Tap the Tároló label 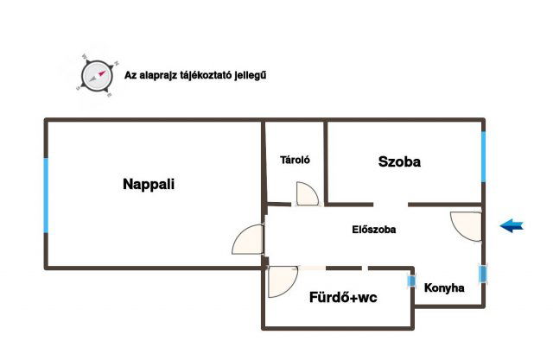point(295,160)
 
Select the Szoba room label point(399,161)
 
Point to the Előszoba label point(374,230)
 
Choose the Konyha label point(444,288)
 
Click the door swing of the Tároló point(307,194)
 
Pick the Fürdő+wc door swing point(282,281)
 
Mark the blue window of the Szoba point(483,156)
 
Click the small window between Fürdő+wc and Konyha point(411,280)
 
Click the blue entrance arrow point(512,226)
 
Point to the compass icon point(96,74)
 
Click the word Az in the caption point(130,75)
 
